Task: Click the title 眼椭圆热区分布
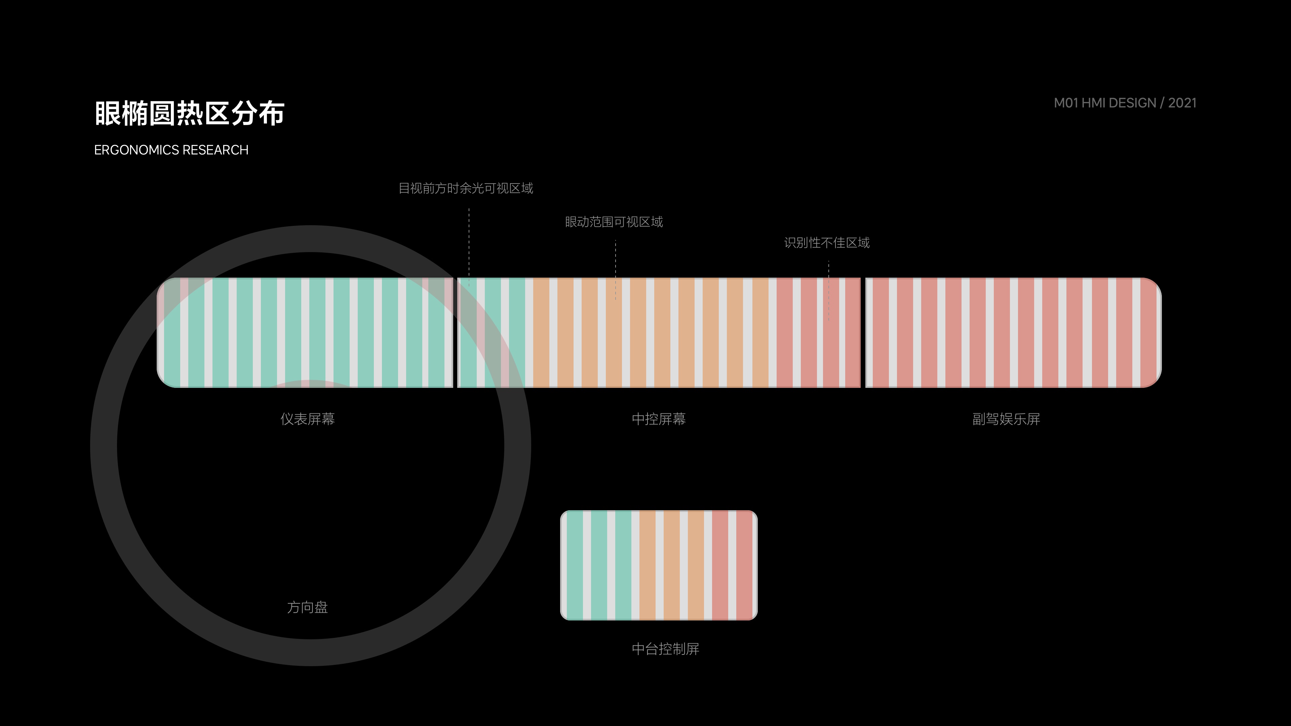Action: coord(189,113)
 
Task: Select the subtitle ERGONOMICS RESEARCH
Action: coord(171,150)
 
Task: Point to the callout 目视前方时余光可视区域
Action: coord(466,188)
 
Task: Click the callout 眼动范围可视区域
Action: coord(614,222)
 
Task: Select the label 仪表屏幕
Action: coord(307,419)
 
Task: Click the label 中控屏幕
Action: coord(659,419)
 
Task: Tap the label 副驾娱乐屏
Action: coord(1006,419)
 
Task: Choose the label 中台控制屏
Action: coord(665,649)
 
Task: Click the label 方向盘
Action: coord(307,607)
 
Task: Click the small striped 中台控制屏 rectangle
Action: coord(659,565)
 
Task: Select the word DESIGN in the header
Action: coord(1133,103)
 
